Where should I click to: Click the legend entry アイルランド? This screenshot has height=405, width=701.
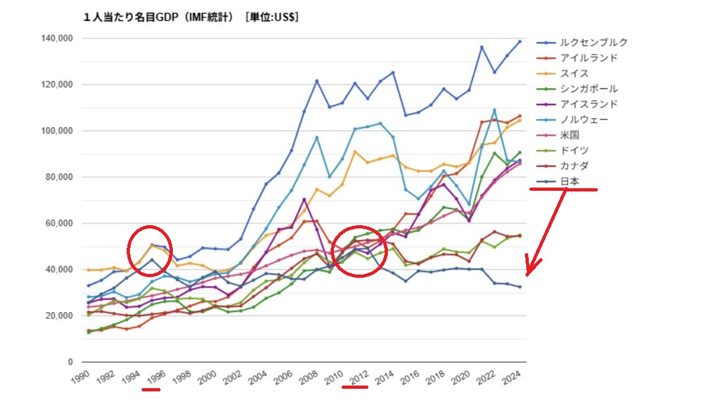click(x=589, y=58)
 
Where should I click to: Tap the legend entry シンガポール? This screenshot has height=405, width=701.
click(x=589, y=89)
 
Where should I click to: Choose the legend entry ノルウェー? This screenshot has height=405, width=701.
click(x=584, y=120)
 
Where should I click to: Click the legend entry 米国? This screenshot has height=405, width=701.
click(x=570, y=135)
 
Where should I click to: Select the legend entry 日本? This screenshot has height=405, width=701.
click(x=570, y=182)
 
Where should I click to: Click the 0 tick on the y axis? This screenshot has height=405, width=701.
click(x=69, y=362)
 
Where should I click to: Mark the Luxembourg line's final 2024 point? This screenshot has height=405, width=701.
click(x=520, y=42)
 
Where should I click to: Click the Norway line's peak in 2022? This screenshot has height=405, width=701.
click(x=494, y=110)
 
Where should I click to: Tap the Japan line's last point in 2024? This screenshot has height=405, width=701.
click(x=520, y=287)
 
